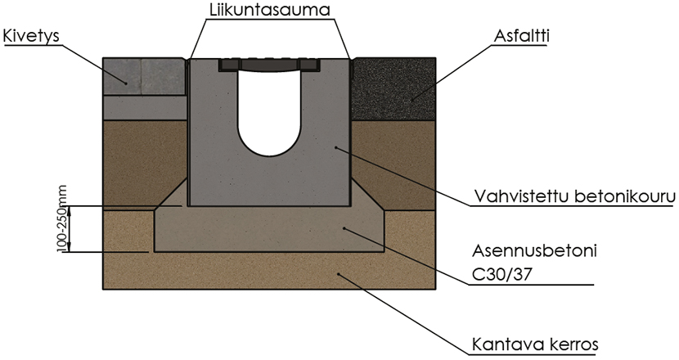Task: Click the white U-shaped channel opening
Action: point(269,115)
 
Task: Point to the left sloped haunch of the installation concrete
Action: point(173,197)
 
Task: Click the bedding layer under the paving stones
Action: point(143,107)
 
